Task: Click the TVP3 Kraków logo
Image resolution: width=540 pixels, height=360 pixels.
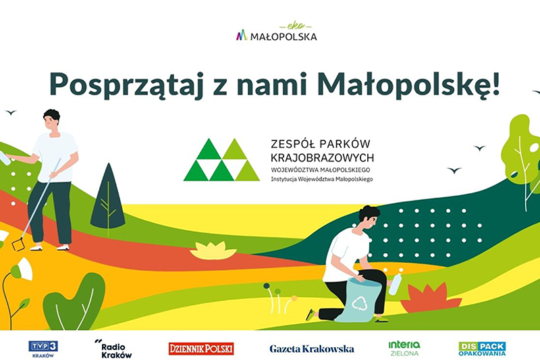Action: click(43, 349)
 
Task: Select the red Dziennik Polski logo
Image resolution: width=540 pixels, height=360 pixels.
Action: click(201, 349)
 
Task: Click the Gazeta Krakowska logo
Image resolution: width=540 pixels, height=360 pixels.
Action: click(312, 349)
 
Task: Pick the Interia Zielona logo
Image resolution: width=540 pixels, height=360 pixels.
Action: click(404, 348)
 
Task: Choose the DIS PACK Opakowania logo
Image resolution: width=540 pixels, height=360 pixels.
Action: click(482, 348)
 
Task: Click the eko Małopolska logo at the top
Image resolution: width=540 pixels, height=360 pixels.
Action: click(276, 33)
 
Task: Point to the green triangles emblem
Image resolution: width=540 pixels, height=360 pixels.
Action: click(221, 160)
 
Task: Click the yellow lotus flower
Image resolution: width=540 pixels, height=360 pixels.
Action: click(213, 251)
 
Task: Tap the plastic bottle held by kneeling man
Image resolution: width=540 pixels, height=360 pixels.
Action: click(396, 283)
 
